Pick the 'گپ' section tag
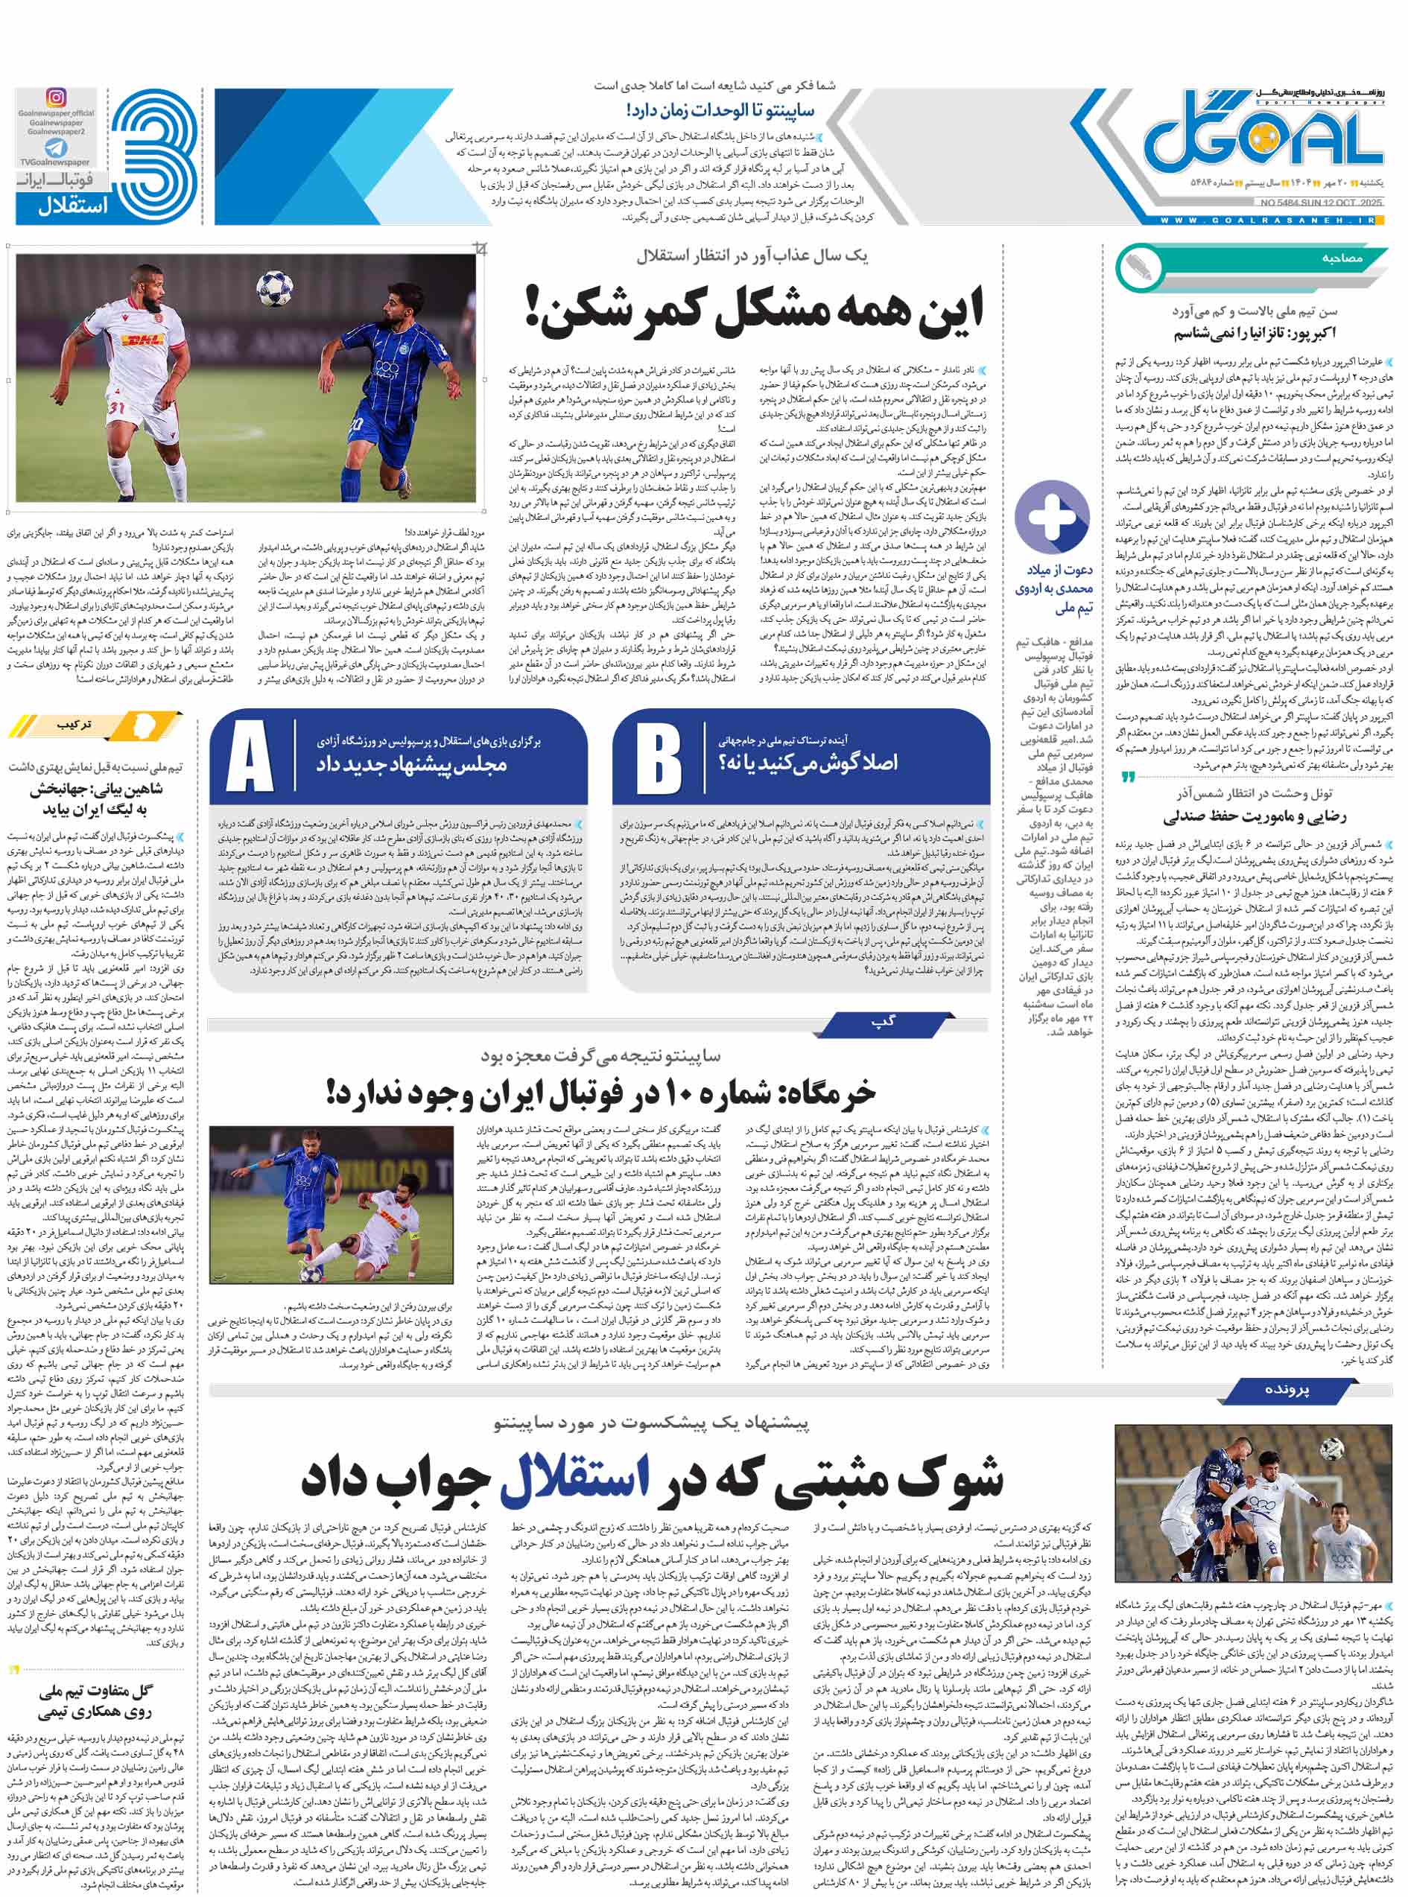(884, 1021)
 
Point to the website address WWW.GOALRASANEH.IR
(1269, 220)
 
